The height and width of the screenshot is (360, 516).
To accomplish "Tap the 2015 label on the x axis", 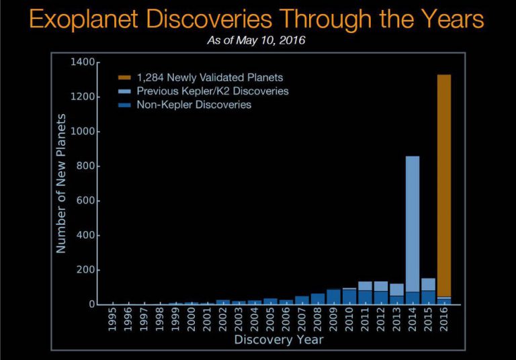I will coord(429,319).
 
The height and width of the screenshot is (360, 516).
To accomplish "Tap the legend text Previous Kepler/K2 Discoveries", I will coord(212,91).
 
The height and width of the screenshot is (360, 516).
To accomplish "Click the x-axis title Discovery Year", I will coord(279,340).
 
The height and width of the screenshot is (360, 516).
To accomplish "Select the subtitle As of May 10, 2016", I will coord(258,40).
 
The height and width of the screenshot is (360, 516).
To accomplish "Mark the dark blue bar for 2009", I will coord(333,297).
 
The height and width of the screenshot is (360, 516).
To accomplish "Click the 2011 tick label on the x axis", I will coord(365,319).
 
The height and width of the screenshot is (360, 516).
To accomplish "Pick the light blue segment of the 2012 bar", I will coord(381,286).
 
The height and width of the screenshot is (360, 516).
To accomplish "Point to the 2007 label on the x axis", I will coord(302,319).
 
